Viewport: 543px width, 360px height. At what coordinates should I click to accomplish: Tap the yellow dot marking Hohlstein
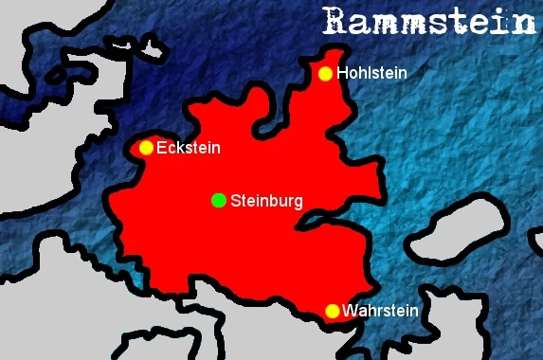(326, 74)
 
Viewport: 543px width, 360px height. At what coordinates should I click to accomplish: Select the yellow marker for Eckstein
(146, 148)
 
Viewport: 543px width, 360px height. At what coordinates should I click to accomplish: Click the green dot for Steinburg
(219, 200)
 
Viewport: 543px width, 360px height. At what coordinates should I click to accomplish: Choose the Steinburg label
(266, 201)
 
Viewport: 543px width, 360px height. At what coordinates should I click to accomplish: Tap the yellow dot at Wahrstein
(332, 311)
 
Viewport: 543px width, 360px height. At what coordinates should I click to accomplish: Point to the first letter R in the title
(333, 21)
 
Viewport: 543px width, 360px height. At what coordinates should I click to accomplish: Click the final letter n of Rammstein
(525, 21)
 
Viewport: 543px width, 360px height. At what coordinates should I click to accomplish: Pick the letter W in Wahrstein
(350, 311)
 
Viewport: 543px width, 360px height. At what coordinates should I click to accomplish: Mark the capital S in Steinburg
(236, 201)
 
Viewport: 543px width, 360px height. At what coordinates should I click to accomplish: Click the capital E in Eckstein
(161, 148)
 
